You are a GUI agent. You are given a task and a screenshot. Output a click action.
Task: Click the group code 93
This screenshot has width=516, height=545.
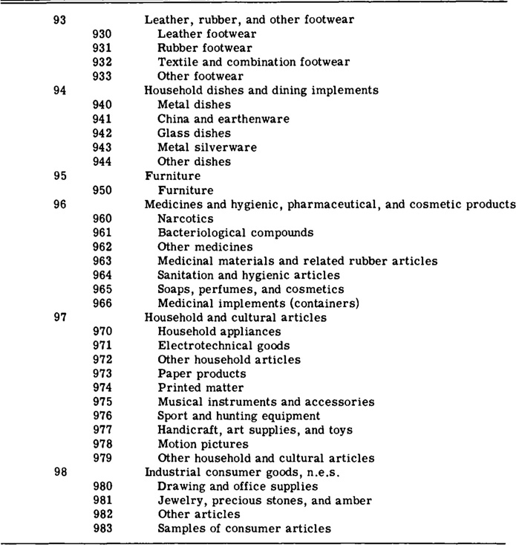coord(61,20)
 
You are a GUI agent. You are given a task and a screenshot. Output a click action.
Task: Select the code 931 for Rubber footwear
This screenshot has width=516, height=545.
coord(102,48)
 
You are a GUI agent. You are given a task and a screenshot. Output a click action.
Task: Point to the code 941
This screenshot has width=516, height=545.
coord(102,119)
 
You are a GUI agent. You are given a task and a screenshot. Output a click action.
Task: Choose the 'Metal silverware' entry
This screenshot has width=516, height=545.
coord(207,147)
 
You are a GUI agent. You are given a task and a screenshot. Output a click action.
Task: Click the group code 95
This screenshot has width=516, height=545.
coord(61,176)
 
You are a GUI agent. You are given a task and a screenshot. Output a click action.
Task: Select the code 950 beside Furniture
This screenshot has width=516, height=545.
coord(102,190)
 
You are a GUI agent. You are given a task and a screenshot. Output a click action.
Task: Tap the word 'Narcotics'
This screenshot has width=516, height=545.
coord(186,219)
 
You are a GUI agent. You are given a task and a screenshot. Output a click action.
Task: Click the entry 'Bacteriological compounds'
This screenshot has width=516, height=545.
coord(235,233)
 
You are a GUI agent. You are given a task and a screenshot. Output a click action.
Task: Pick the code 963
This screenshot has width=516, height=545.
coord(102,261)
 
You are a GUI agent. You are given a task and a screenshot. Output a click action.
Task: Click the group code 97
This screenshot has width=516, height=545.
coord(61,317)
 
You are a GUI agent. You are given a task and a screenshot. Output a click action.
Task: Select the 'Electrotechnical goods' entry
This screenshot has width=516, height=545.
coord(223,346)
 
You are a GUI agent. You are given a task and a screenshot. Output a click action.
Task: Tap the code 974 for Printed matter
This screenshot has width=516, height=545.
coord(102,388)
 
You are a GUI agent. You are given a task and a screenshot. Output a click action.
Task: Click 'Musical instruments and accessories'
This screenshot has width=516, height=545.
coord(266,402)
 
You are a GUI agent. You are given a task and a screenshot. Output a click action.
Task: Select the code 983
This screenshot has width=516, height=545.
coord(102,529)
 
